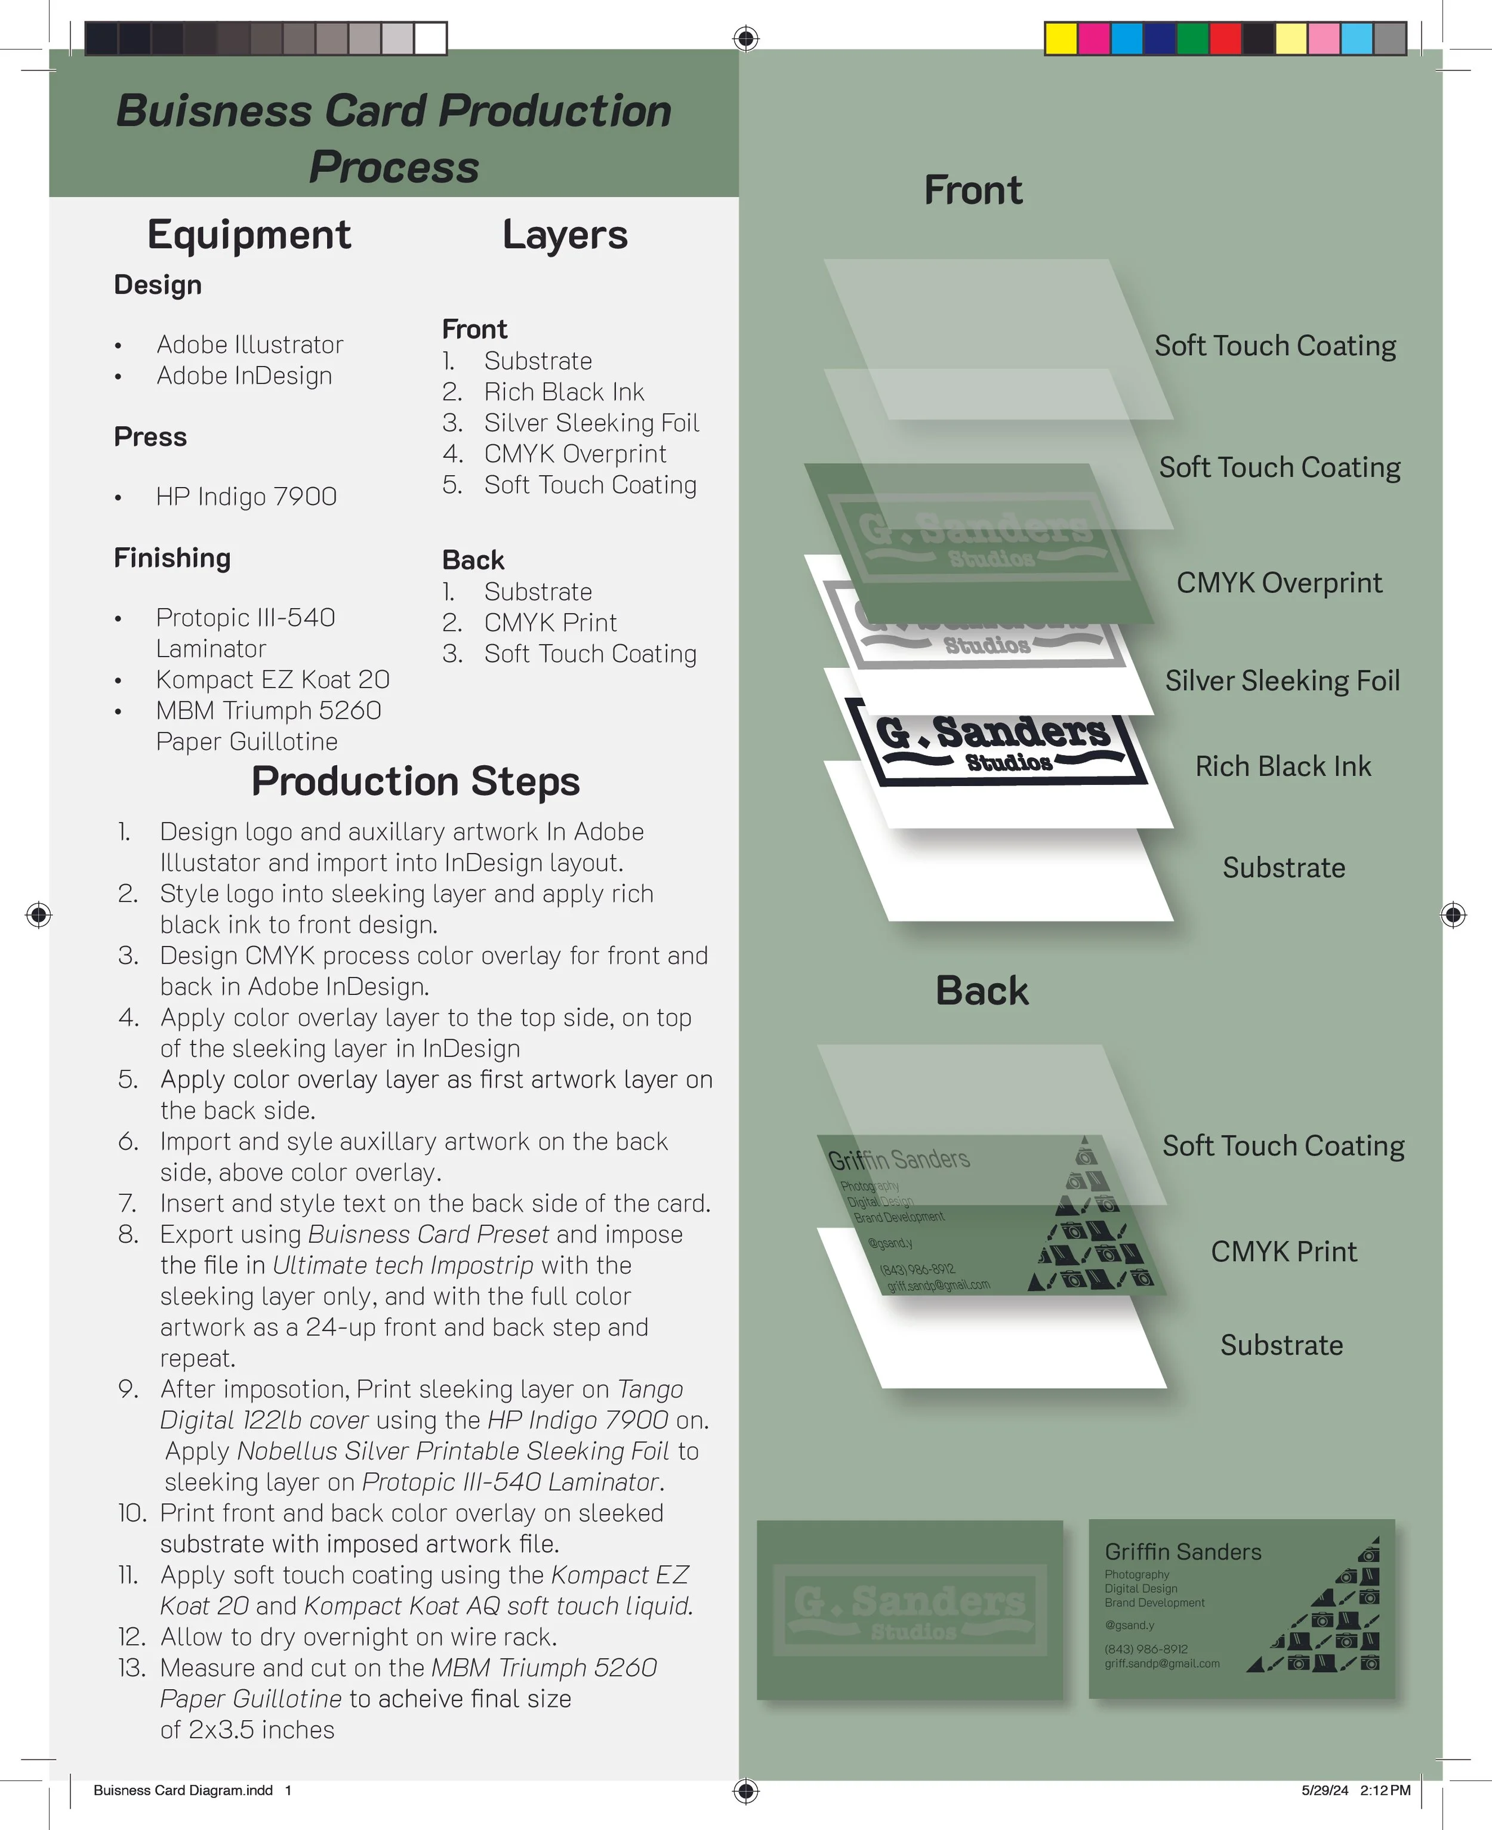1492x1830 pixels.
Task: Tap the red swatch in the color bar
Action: pos(1225,39)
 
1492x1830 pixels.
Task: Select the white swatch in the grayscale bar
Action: pos(430,39)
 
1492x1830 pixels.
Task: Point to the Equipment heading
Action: pos(249,235)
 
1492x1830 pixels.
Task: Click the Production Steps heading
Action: pos(415,781)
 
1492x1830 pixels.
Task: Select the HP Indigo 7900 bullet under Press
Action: pos(246,497)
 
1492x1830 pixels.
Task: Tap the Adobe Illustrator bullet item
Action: pos(249,344)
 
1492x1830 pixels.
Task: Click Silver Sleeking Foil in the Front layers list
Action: pos(591,423)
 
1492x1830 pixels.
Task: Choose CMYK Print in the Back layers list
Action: pos(550,623)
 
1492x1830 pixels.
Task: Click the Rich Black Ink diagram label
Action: pos(1283,766)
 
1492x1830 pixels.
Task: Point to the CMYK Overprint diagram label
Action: pos(1279,583)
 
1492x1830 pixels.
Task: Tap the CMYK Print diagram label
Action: pos(1283,1252)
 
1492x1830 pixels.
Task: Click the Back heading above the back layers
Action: pos(982,990)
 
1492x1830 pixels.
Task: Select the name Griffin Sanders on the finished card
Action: pos(1183,1551)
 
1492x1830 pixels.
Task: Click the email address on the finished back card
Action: pos(1162,1663)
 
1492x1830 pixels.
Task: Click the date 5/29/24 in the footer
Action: pos(1324,1791)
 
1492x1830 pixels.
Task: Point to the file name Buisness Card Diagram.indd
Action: pos(183,1791)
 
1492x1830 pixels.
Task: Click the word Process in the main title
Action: pos(394,167)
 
